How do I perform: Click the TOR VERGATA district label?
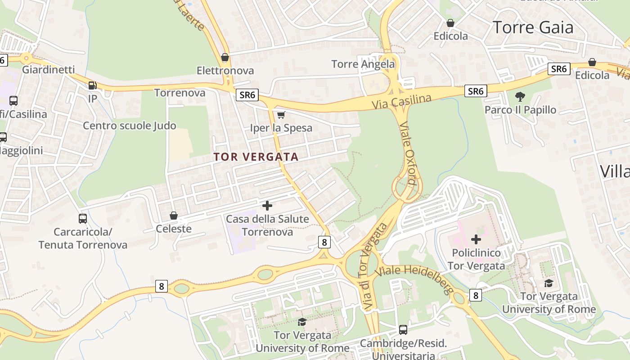pos(256,157)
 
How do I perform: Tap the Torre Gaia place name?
pos(533,27)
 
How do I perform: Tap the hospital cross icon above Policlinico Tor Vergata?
pos(476,239)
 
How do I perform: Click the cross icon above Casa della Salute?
pos(267,206)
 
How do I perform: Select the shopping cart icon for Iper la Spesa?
pos(281,115)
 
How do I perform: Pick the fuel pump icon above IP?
pos(92,85)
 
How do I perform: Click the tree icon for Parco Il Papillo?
pos(520,96)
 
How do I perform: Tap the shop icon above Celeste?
pos(174,216)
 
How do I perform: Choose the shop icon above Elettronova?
pos(225,58)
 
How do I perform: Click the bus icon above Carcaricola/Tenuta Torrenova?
pos(83,219)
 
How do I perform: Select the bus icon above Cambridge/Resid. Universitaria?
pos(403,330)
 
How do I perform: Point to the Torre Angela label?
pos(363,64)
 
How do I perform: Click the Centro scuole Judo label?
pos(129,126)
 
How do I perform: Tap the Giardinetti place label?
pos(48,70)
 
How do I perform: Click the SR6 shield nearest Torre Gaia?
pos(559,69)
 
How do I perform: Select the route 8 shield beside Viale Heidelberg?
pos(476,295)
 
